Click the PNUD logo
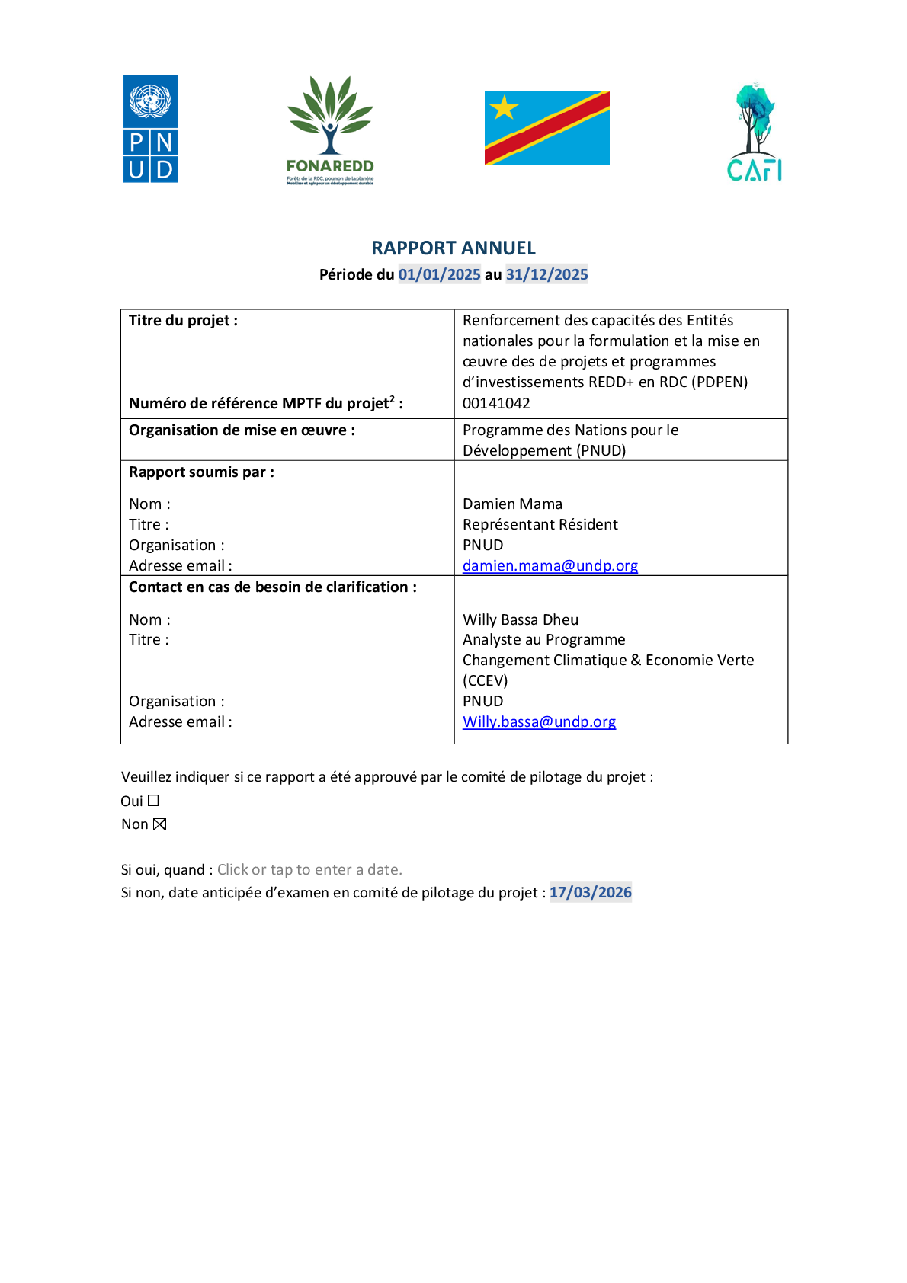pyautogui.click(x=150, y=129)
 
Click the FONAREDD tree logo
pyautogui.click(x=330, y=130)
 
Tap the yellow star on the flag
pyautogui.click(x=505, y=107)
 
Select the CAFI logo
pyautogui.click(x=754, y=132)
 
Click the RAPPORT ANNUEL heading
pyautogui.click(x=453, y=248)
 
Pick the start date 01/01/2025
pyautogui.click(x=440, y=275)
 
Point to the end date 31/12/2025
pyautogui.click(x=546, y=275)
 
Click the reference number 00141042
pyautogui.click(x=496, y=404)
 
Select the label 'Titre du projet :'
pyautogui.click(x=184, y=321)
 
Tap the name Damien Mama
pyautogui.click(x=512, y=504)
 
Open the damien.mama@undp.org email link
pyautogui.click(x=550, y=566)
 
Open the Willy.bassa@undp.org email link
pyautogui.click(x=539, y=722)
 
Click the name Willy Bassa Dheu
pyautogui.click(x=521, y=619)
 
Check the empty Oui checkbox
pyautogui.click(x=153, y=801)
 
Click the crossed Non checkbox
pyautogui.click(x=160, y=825)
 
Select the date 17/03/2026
pyautogui.click(x=590, y=893)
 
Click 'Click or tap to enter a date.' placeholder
pyautogui.click(x=309, y=870)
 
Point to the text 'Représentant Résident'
pyautogui.click(x=540, y=525)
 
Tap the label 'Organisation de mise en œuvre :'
pyautogui.click(x=242, y=430)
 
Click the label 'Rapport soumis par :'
pyautogui.click(x=202, y=472)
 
